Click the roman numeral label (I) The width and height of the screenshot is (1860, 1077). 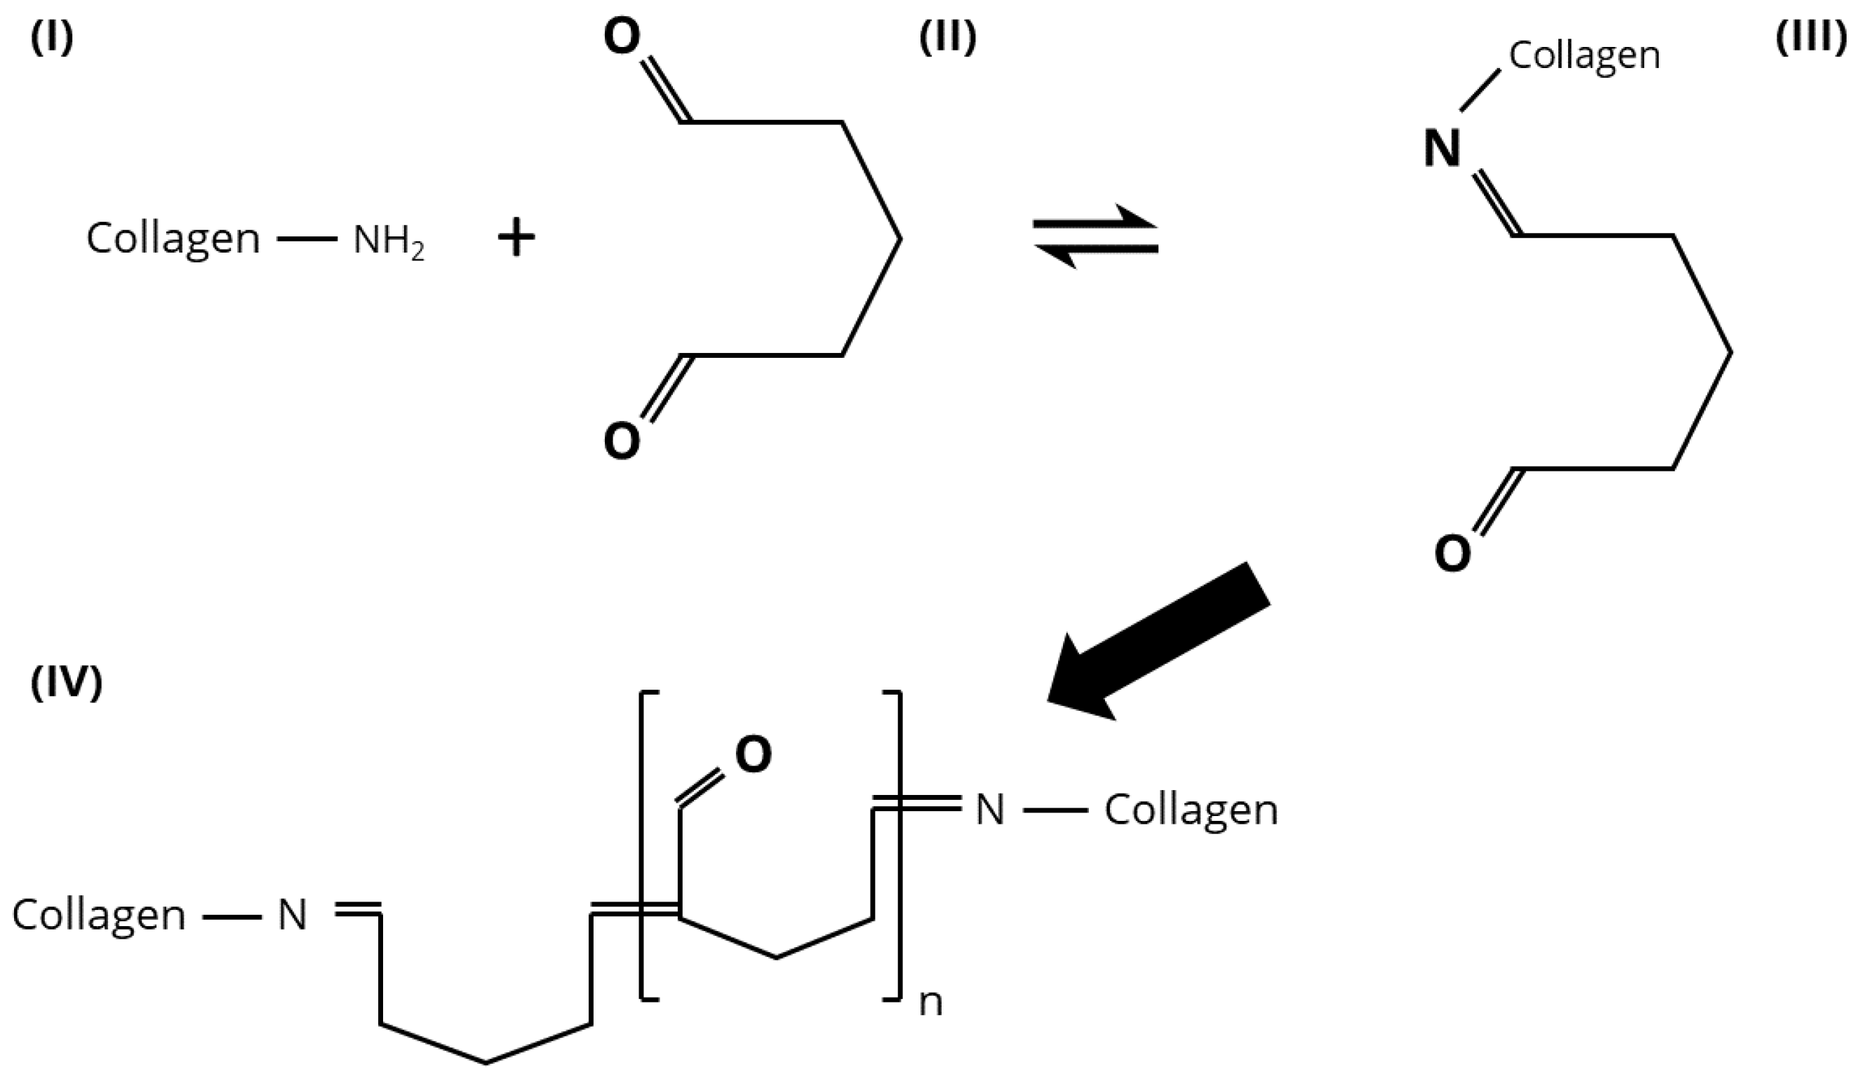(x=52, y=39)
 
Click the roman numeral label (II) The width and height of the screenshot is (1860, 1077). (x=947, y=39)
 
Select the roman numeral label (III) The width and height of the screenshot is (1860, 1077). (x=1815, y=39)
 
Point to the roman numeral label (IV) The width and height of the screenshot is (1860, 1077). (x=66, y=683)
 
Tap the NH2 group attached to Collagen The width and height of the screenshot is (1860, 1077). (x=387, y=240)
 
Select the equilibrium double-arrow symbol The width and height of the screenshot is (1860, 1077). (x=1095, y=236)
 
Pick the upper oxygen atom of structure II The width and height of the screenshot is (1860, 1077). (x=622, y=37)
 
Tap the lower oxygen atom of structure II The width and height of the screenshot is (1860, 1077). (x=622, y=441)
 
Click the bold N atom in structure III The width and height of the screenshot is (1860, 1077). (x=1442, y=147)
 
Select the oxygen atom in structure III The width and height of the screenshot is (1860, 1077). (x=1452, y=554)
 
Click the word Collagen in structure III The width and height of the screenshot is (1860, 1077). (x=1584, y=55)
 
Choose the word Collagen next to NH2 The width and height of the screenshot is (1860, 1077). (x=173, y=239)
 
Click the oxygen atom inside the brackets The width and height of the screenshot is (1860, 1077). (x=753, y=754)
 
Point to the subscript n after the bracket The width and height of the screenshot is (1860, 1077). (x=931, y=1003)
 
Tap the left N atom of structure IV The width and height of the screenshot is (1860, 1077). (x=293, y=916)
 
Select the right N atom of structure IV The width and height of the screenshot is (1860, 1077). (x=990, y=810)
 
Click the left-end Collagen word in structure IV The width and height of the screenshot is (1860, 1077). (x=99, y=916)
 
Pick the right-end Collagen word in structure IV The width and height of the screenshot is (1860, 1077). (x=1191, y=810)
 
